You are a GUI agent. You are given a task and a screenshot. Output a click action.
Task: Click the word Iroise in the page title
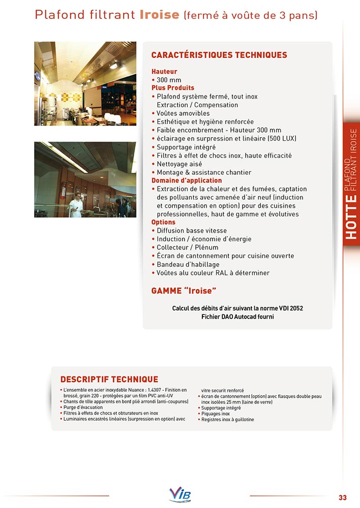click(x=159, y=15)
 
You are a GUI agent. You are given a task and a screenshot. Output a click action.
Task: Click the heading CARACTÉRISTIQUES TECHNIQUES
click(x=219, y=55)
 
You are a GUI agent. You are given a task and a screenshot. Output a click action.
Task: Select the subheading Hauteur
click(x=164, y=72)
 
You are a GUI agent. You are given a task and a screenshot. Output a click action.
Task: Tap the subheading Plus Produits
click(x=173, y=88)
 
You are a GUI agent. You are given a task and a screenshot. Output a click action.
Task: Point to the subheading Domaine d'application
click(x=187, y=180)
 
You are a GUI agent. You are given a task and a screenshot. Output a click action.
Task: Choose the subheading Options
click(x=163, y=222)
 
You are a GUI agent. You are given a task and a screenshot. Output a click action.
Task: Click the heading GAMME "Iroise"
click(x=184, y=291)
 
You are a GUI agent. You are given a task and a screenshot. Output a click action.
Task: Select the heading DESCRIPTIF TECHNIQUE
click(x=109, y=379)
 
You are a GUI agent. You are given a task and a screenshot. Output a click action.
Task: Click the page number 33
click(x=342, y=497)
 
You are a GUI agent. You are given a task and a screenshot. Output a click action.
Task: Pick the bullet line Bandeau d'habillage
click(x=188, y=264)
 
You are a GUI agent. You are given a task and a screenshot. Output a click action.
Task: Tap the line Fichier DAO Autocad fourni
click(x=237, y=317)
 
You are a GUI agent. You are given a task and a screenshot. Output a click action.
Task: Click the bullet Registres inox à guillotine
click(x=227, y=420)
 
